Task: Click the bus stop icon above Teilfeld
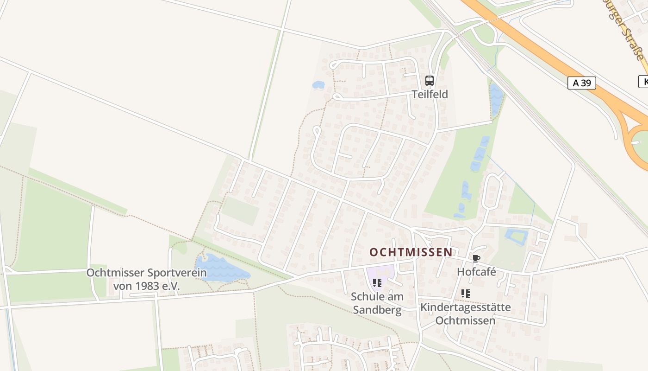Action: tap(430, 81)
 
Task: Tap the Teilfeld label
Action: tap(430, 95)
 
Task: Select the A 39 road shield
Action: tap(581, 83)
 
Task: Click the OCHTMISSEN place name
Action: tap(411, 252)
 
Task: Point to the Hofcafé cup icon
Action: tap(476, 259)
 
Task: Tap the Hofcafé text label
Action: tap(476, 272)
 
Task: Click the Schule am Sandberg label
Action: tap(377, 303)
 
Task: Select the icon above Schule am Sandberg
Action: tap(377, 282)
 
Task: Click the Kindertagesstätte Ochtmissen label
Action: tap(465, 314)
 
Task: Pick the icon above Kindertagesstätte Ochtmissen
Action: tap(465, 293)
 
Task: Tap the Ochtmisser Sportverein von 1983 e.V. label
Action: tap(146, 279)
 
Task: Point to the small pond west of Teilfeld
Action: tap(318, 85)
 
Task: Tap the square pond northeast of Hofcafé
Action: tap(517, 237)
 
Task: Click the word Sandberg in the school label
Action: tap(377, 310)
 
